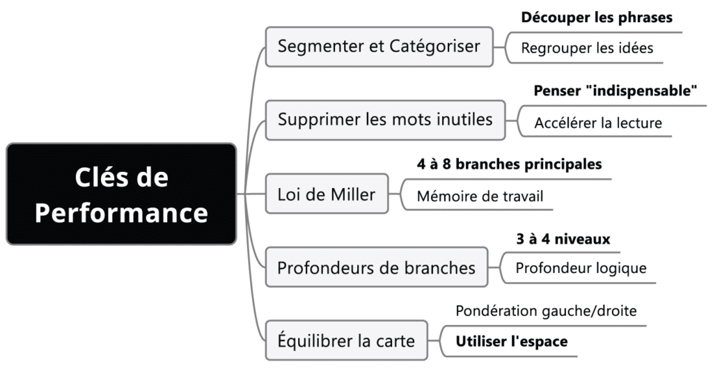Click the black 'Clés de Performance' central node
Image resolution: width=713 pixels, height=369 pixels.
(121, 194)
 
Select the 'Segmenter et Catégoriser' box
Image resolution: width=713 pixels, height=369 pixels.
(379, 47)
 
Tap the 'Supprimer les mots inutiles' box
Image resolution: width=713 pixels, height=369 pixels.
(385, 119)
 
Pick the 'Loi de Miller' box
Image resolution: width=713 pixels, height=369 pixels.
(326, 194)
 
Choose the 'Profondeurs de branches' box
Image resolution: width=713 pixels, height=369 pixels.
(376, 267)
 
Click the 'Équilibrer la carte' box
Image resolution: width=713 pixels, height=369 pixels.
(346, 341)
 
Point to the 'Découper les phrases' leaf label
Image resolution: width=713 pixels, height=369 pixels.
(597, 18)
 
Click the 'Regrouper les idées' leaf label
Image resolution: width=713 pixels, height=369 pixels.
(587, 49)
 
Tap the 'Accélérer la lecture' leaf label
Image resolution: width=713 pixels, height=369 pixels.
(598, 124)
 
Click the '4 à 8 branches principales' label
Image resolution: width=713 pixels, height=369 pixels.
(509, 164)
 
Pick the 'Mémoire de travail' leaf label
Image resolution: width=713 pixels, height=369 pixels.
(480, 196)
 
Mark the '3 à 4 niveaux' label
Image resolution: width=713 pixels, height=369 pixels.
(563, 239)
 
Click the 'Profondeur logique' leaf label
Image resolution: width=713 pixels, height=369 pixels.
(581, 268)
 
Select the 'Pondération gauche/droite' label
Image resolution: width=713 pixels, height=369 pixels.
(546, 311)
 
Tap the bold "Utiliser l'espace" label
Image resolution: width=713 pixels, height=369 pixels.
(512, 341)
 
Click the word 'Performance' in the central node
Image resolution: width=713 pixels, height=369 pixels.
(121, 212)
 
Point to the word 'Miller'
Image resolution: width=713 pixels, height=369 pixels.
(351, 194)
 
